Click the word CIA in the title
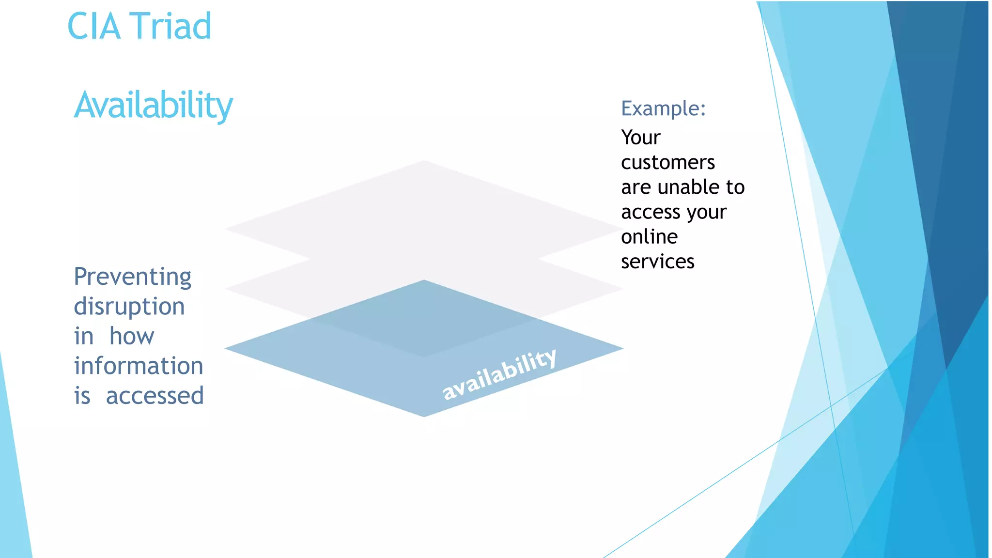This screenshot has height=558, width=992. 93,26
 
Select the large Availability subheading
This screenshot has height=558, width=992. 154,105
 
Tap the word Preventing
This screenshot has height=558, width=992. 132,278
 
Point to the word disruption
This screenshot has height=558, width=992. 129,307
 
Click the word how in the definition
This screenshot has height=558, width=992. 132,336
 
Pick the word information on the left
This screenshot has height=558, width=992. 139,366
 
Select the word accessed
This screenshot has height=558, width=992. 155,396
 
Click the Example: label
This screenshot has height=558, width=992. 663,108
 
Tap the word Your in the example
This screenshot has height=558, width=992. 640,138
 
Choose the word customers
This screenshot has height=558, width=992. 667,162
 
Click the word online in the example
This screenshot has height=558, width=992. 649,237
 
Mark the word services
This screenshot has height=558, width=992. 657,262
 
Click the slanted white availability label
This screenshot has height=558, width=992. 499,374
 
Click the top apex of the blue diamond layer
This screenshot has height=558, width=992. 424,280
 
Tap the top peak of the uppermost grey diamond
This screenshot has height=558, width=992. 424,161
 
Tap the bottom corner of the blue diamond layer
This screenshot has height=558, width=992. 424,416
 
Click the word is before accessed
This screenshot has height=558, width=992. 82,396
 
